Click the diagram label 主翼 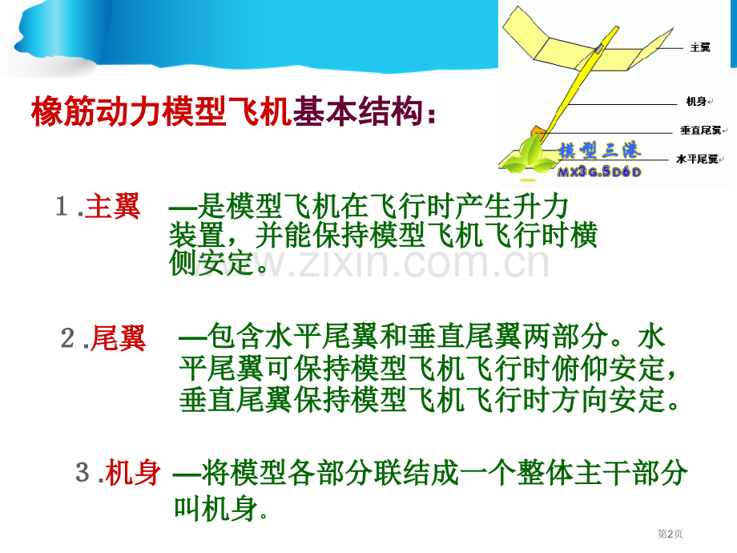tap(700, 47)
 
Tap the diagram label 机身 tap(696, 101)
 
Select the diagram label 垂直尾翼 tap(700, 131)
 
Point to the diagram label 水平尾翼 tap(697, 159)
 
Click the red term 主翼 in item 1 tap(113, 207)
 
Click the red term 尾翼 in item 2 tap(118, 338)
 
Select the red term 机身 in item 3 tap(133, 473)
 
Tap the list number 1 tap(62, 207)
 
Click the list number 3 tap(83, 472)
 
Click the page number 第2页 tap(670, 534)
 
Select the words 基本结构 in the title tap(357, 111)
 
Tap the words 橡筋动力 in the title tap(96, 111)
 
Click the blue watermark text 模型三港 tap(599, 151)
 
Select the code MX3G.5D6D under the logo tap(599, 172)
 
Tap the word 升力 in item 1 tap(541, 207)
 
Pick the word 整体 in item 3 tap(546, 473)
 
